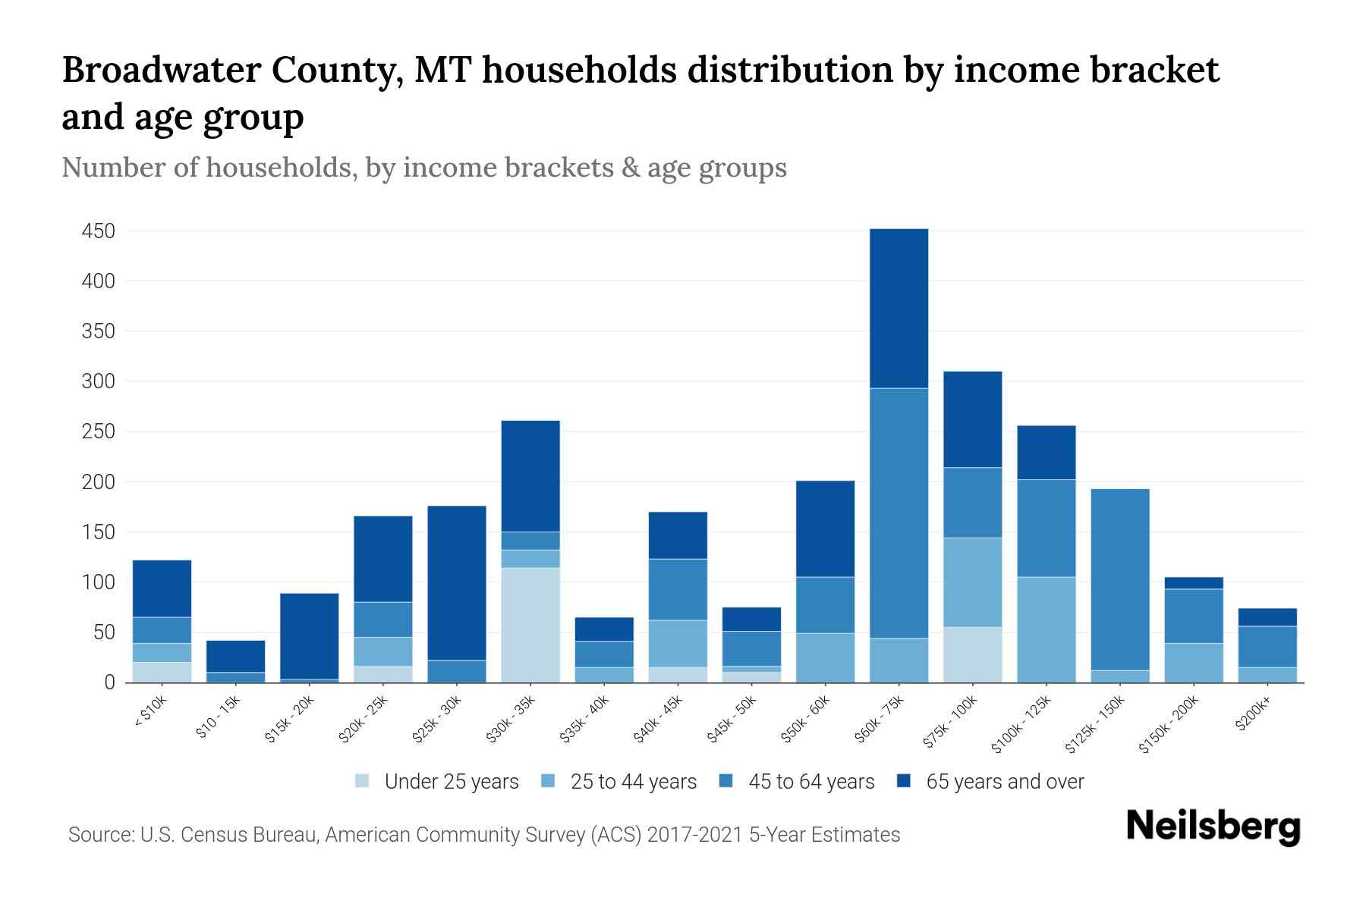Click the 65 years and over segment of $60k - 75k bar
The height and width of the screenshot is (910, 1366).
(x=899, y=308)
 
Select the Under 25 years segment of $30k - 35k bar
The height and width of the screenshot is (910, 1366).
(x=530, y=625)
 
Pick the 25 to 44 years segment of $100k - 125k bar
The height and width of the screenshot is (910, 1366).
(x=1046, y=629)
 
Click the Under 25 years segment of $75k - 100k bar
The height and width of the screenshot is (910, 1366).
(x=972, y=654)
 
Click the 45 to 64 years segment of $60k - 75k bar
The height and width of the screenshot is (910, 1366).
(x=899, y=513)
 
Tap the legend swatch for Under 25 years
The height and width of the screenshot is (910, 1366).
(x=363, y=781)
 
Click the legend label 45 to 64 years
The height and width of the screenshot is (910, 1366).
(x=810, y=781)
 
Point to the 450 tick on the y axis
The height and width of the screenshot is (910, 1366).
(x=98, y=231)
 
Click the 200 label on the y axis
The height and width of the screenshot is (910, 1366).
(x=98, y=482)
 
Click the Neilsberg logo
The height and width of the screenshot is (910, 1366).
(x=1213, y=827)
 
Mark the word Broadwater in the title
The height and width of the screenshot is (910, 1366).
(x=159, y=70)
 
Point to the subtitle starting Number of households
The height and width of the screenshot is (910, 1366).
(x=423, y=168)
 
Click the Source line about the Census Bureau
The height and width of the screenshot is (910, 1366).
(x=483, y=835)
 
